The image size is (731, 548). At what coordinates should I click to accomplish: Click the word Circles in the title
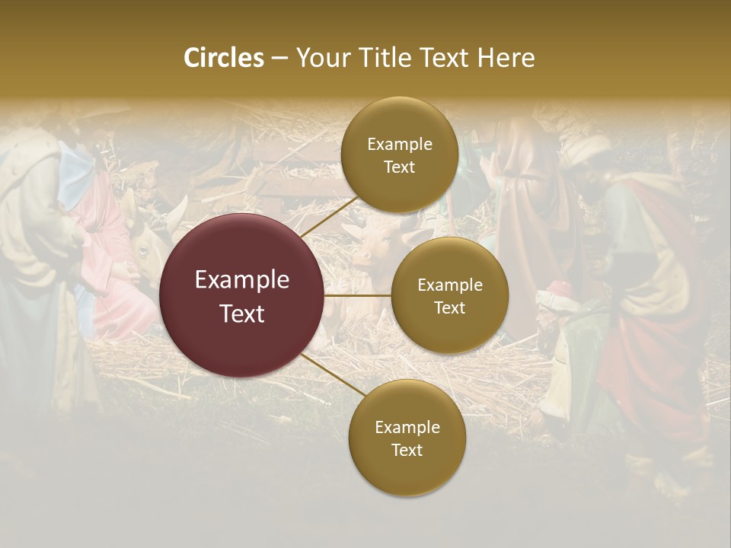pos(223,58)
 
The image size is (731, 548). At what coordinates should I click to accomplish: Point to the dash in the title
pos(279,59)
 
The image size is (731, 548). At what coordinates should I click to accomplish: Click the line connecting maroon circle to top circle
pos(327,218)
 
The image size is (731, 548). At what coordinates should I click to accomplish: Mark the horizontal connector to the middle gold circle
pos(358,295)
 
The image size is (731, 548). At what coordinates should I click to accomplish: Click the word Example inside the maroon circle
pos(242,280)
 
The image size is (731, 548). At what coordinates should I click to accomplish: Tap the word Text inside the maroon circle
pos(242,314)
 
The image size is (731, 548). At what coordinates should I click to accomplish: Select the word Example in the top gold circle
pos(399,145)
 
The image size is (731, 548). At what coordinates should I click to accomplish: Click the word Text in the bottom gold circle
pos(407,451)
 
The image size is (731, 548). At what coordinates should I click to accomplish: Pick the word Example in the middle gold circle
pos(449,285)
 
